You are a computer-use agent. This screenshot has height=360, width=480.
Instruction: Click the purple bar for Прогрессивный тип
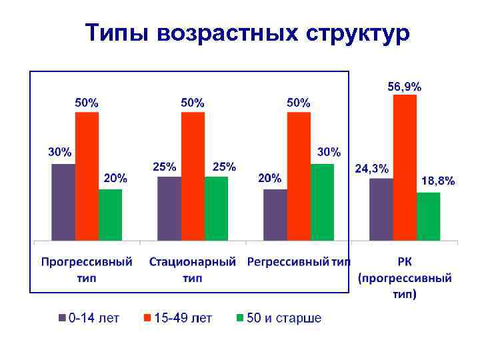tap(63, 201)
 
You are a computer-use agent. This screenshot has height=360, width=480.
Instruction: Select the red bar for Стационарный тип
tap(193, 176)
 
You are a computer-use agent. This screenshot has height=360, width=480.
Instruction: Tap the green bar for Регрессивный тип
tap(322, 201)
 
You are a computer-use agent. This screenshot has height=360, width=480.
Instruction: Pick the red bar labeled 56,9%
tap(405, 167)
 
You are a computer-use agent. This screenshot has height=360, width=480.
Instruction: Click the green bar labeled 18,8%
tap(429, 216)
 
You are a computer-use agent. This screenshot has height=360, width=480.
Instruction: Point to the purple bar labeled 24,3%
tap(381, 209)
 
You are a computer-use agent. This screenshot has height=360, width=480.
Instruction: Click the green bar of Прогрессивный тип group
tap(110, 214)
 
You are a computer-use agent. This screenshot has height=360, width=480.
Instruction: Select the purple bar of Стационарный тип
tap(169, 208)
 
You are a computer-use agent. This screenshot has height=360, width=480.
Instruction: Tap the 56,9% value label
tap(405, 86)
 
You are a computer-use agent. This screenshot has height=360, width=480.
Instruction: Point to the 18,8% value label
tap(438, 181)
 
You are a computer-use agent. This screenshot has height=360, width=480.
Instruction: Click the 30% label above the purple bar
tap(59, 151)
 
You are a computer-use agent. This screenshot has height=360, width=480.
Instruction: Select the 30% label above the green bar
tap(328, 152)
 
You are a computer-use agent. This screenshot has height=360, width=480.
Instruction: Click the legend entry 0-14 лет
tap(89, 318)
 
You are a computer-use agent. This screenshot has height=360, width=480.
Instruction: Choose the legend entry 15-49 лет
tap(177, 318)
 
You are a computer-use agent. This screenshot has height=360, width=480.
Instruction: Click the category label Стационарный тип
tap(193, 269)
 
